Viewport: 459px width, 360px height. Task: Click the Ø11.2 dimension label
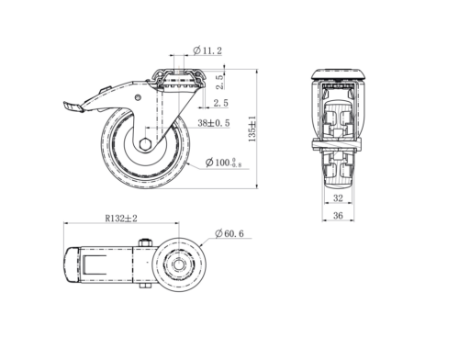[207, 51]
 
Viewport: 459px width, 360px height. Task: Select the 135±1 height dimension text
[252, 129]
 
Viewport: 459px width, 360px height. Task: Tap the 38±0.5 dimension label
[214, 123]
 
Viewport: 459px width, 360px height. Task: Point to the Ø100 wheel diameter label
[223, 163]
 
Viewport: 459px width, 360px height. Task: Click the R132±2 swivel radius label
[121, 219]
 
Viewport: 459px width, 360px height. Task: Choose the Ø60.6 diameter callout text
[229, 233]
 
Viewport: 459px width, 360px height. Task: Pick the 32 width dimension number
[338, 198]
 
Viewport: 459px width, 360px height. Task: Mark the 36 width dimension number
[338, 216]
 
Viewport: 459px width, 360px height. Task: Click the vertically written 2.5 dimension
[219, 82]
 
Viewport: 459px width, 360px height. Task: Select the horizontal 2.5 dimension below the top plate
[221, 103]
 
